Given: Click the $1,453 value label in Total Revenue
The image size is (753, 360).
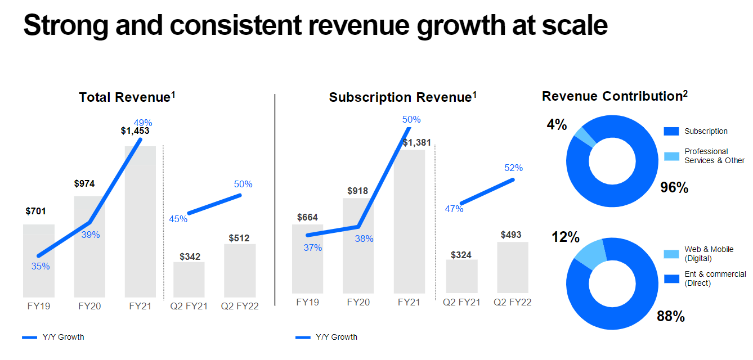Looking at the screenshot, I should tap(135, 131).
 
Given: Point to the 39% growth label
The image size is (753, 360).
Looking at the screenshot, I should tap(91, 235).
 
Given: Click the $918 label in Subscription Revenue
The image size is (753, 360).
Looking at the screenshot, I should tap(357, 191).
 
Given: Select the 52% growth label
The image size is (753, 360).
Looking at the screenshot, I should tap(514, 168).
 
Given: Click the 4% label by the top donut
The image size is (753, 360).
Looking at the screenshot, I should tap(557, 124).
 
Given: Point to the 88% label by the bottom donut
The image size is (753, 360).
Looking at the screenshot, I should tap(671, 317).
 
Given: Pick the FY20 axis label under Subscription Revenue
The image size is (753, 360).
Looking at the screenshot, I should tap(358, 302).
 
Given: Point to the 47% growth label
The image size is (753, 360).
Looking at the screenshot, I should tap(454, 209).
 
